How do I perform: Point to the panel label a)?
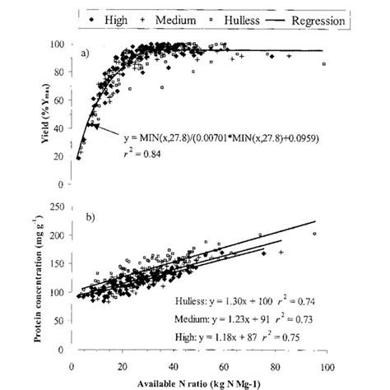(86, 56)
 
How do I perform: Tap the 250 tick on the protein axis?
(59, 207)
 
